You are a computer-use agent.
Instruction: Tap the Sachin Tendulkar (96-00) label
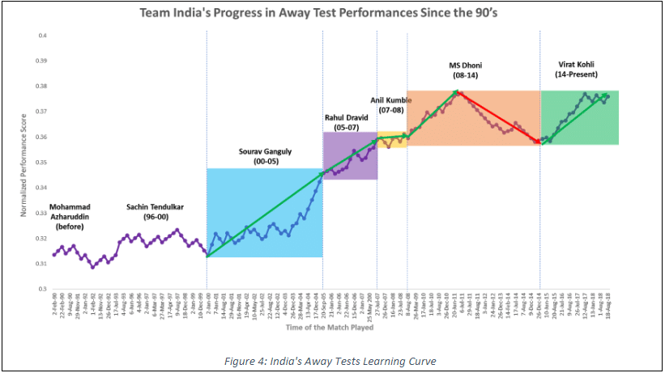pos(156,212)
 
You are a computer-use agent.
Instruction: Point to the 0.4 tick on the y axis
pos(41,36)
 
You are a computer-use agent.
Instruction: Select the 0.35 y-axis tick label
pos(40,162)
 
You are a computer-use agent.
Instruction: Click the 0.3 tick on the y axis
pos(41,288)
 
